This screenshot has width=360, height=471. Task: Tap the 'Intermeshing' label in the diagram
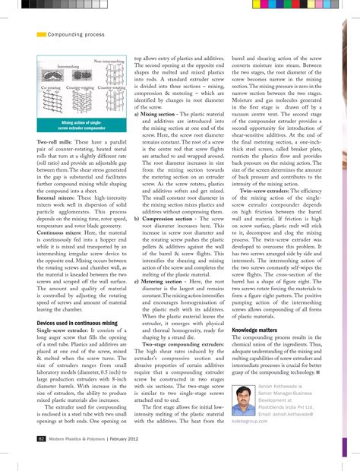tap(62, 68)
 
